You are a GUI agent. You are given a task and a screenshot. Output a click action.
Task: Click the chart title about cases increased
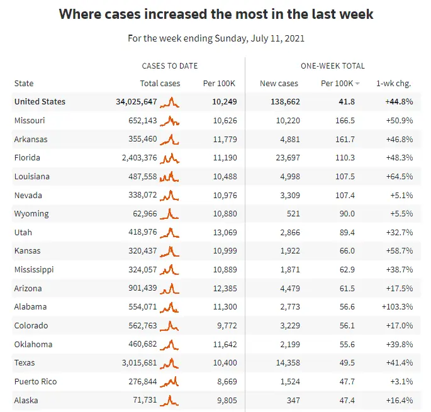click(215, 14)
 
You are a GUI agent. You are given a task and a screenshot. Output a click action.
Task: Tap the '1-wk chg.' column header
click(395, 84)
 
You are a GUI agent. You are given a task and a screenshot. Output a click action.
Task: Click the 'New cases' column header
click(279, 84)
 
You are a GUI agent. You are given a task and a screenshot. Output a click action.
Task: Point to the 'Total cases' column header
click(160, 84)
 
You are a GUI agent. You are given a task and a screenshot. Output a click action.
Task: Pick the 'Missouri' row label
click(30, 120)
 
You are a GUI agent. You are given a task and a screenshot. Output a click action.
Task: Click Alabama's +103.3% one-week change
click(397, 307)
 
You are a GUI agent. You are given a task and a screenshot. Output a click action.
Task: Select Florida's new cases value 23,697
click(283, 158)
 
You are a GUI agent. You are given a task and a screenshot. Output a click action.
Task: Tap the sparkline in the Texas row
click(170, 363)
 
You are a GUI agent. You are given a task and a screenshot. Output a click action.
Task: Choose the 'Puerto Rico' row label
click(35, 382)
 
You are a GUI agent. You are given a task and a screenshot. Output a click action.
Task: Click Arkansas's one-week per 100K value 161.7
click(345, 139)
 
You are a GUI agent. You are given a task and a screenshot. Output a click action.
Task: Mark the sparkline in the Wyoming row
click(170, 214)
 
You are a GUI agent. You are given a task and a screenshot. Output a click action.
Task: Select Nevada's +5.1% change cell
click(400, 195)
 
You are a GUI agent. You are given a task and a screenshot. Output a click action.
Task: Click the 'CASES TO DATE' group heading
click(170, 66)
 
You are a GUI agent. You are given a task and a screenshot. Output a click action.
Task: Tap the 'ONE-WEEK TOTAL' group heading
click(333, 66)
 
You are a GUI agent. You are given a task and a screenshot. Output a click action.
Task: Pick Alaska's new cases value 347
click(290, 400)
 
